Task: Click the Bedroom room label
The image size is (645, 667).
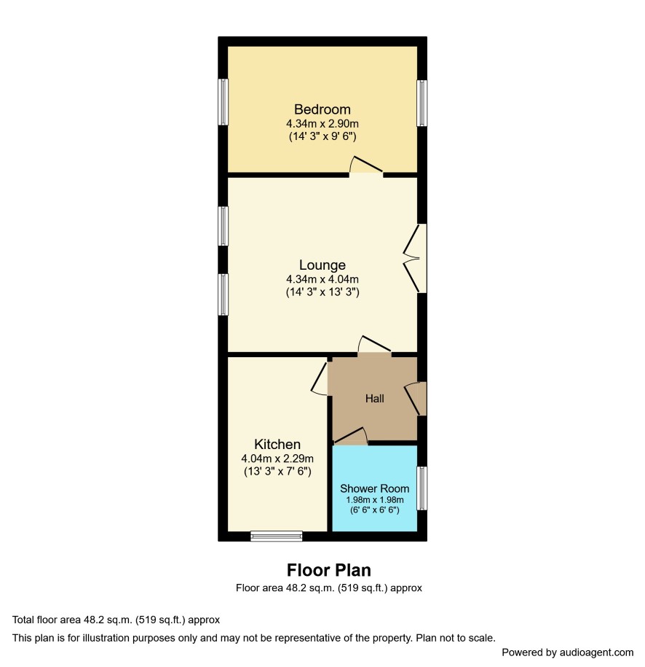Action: [322, 110]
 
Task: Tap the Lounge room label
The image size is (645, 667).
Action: [322, 265]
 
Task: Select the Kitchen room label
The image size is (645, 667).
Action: [277, 445]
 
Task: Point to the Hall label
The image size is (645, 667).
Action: [374, 399]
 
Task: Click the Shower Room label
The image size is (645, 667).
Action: [374, 488]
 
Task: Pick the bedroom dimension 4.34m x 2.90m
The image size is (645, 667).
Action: [322, 124]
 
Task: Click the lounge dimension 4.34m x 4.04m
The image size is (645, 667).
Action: [322, 279]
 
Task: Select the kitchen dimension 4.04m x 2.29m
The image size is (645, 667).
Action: [277, 459]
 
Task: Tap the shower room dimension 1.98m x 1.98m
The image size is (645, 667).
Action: [374, 500]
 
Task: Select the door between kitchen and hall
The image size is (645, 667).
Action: [320, 378]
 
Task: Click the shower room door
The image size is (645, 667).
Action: [351, 437]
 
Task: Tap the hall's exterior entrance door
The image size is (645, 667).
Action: [416, 399]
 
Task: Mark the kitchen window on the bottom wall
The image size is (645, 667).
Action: [276, 536]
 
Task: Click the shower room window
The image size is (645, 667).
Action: [422, 488]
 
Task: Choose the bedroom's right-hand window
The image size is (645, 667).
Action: [422, 104]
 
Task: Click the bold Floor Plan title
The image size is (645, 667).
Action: [329, 570]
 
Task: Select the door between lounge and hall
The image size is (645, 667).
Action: [374, 345]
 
